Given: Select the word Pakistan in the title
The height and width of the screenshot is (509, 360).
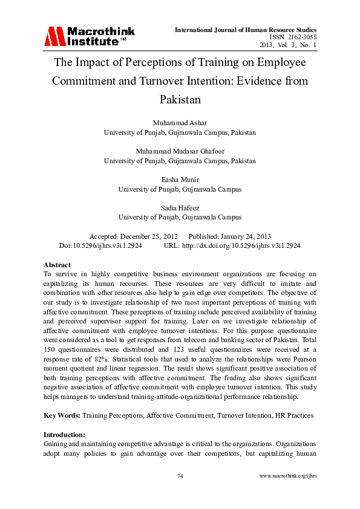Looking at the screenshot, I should click(180, 99).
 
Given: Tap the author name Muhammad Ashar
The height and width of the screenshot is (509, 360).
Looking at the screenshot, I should click(180, 123).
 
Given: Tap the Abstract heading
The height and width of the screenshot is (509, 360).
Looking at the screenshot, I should click(57, 265).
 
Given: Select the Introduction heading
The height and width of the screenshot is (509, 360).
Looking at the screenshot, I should click(65, 435).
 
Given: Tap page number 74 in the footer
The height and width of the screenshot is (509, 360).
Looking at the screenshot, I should click(180, 476).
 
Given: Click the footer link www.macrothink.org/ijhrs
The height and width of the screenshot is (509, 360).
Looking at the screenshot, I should click(287, 476).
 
